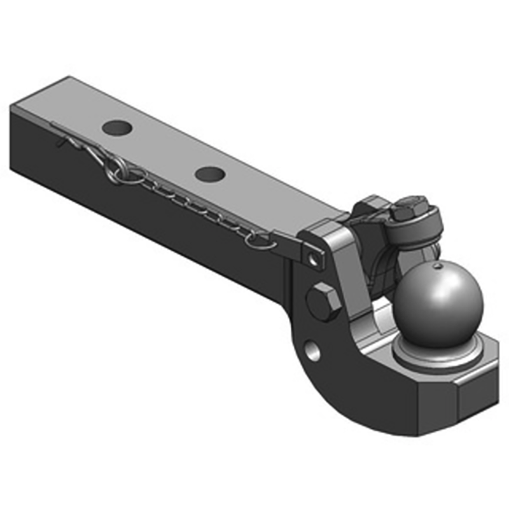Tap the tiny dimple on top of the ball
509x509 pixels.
click(438, 265)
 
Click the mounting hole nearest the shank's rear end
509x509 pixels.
click(118, 127)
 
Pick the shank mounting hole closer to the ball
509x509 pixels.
click(209, 173)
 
